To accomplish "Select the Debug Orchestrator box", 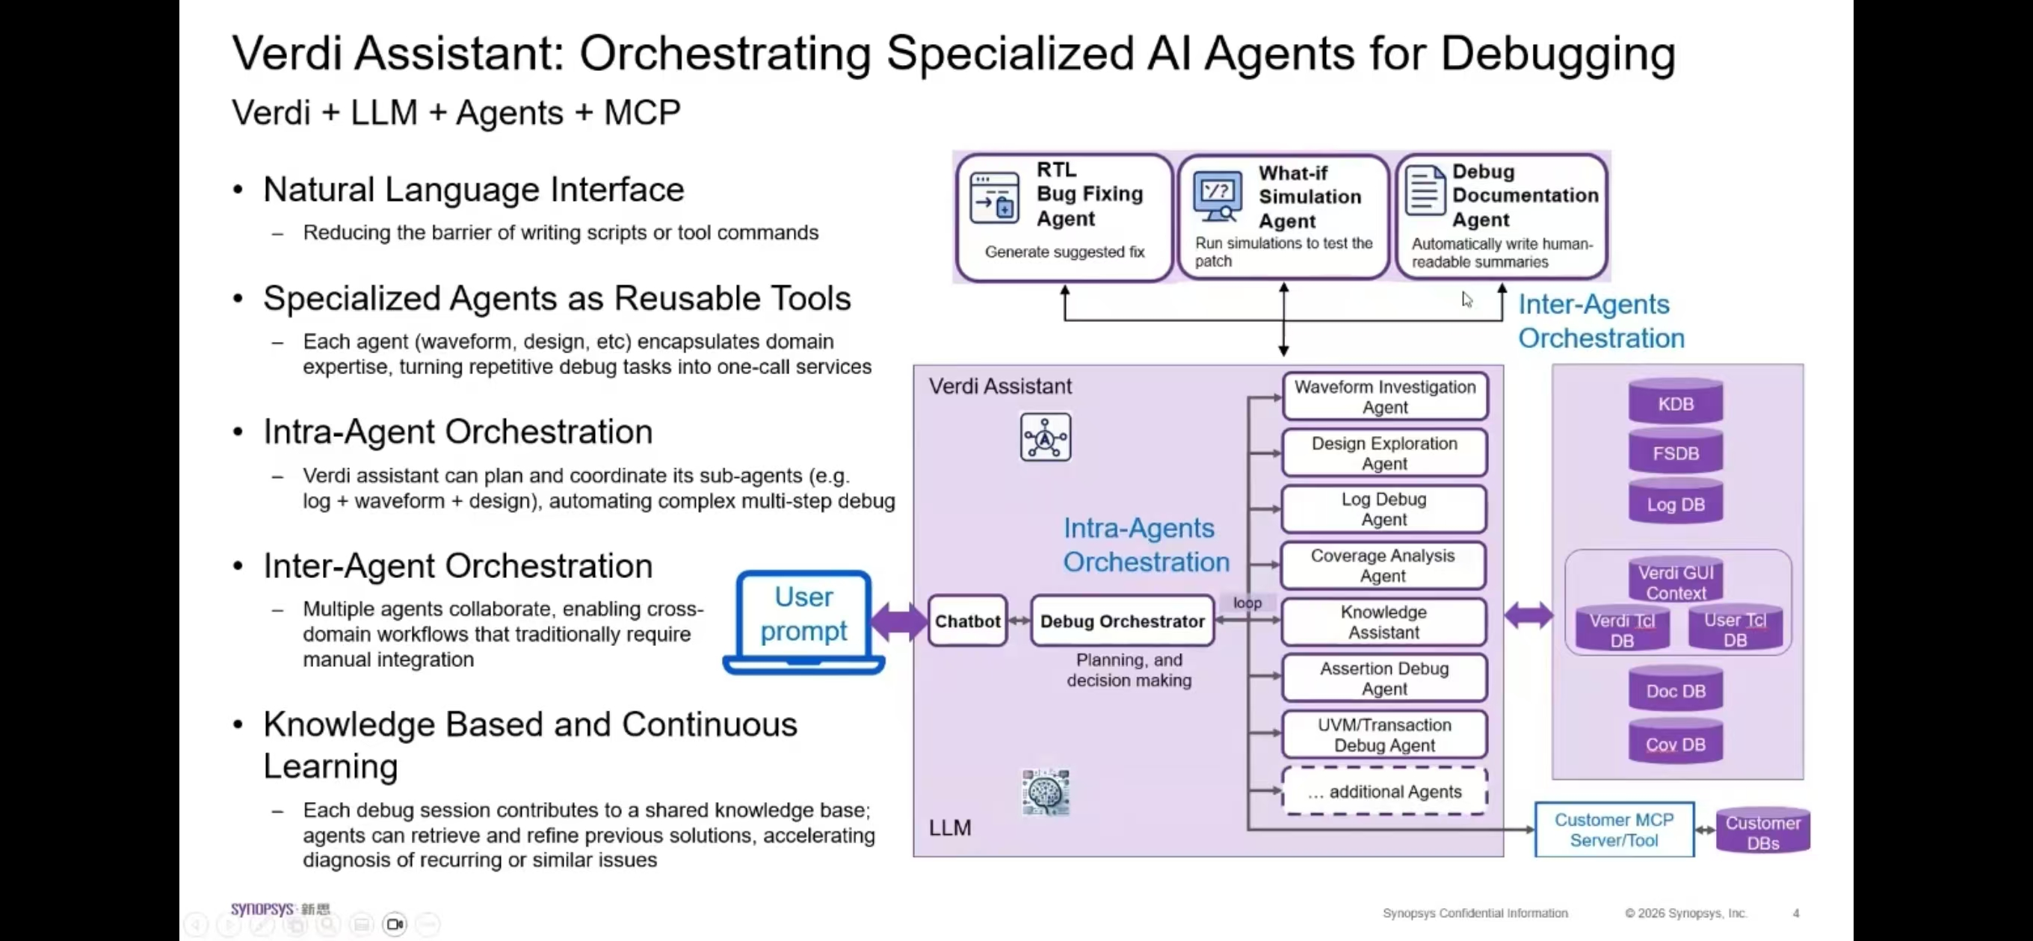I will coord(1121,621).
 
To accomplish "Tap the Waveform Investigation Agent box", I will coord(1384,397).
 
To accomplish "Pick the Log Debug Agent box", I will coord(1383,509).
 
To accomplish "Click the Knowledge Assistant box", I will coord(1383,622).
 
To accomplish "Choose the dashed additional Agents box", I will coord(1384,791).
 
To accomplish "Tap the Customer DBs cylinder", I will coord(1762,831).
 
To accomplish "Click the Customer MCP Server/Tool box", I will coord(1614,830).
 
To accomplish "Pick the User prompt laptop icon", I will coord(803,622).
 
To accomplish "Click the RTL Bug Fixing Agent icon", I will coord(994,197).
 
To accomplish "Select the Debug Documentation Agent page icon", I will coord(1425,190).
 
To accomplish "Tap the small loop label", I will coord(1247,603).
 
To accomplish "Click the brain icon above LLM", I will coord(1045,791).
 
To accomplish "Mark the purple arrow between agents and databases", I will coord(1528,615).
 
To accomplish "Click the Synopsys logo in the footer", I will coord(262,910).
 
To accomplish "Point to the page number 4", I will coord(1795,913).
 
